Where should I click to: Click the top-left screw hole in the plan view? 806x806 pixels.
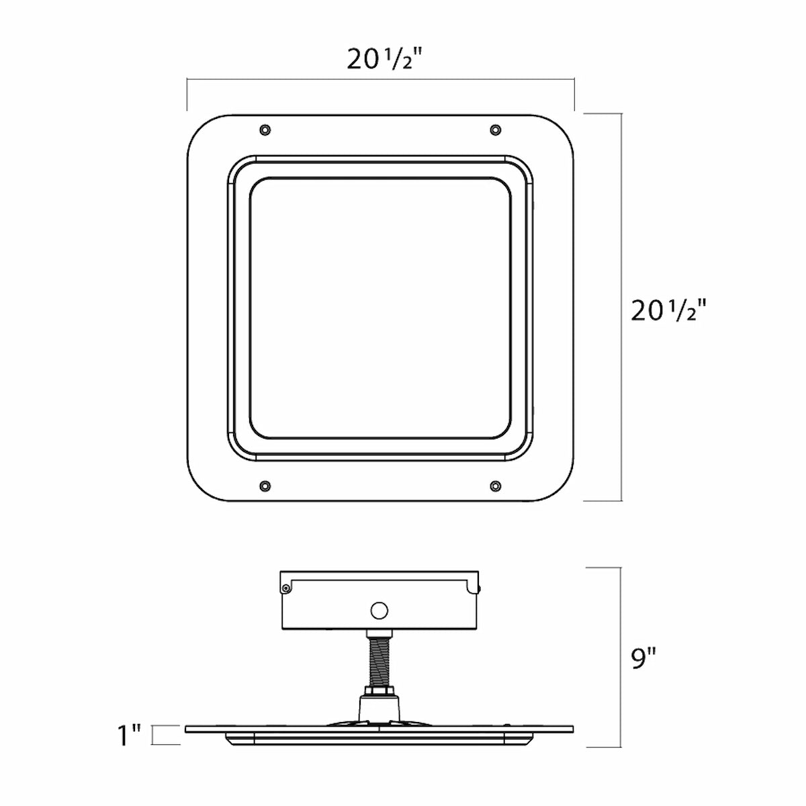(265, 129)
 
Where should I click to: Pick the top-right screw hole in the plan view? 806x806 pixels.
(495, 129)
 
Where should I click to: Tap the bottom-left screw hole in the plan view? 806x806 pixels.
(265, 486)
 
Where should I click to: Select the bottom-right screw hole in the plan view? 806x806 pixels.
(495, 486)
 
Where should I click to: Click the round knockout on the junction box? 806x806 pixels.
(379, 611)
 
